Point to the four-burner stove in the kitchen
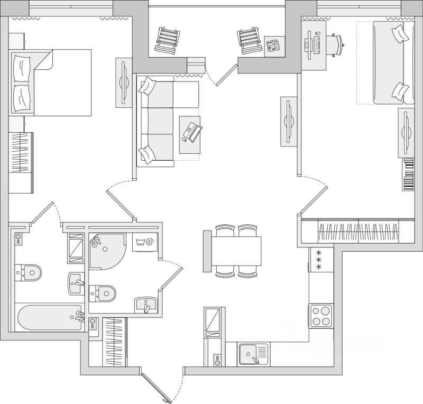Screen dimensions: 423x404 (321, 316)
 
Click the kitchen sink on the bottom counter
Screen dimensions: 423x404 (253, 354)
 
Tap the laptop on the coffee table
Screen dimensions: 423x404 (191, 130)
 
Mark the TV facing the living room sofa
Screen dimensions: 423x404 (288, 122)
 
